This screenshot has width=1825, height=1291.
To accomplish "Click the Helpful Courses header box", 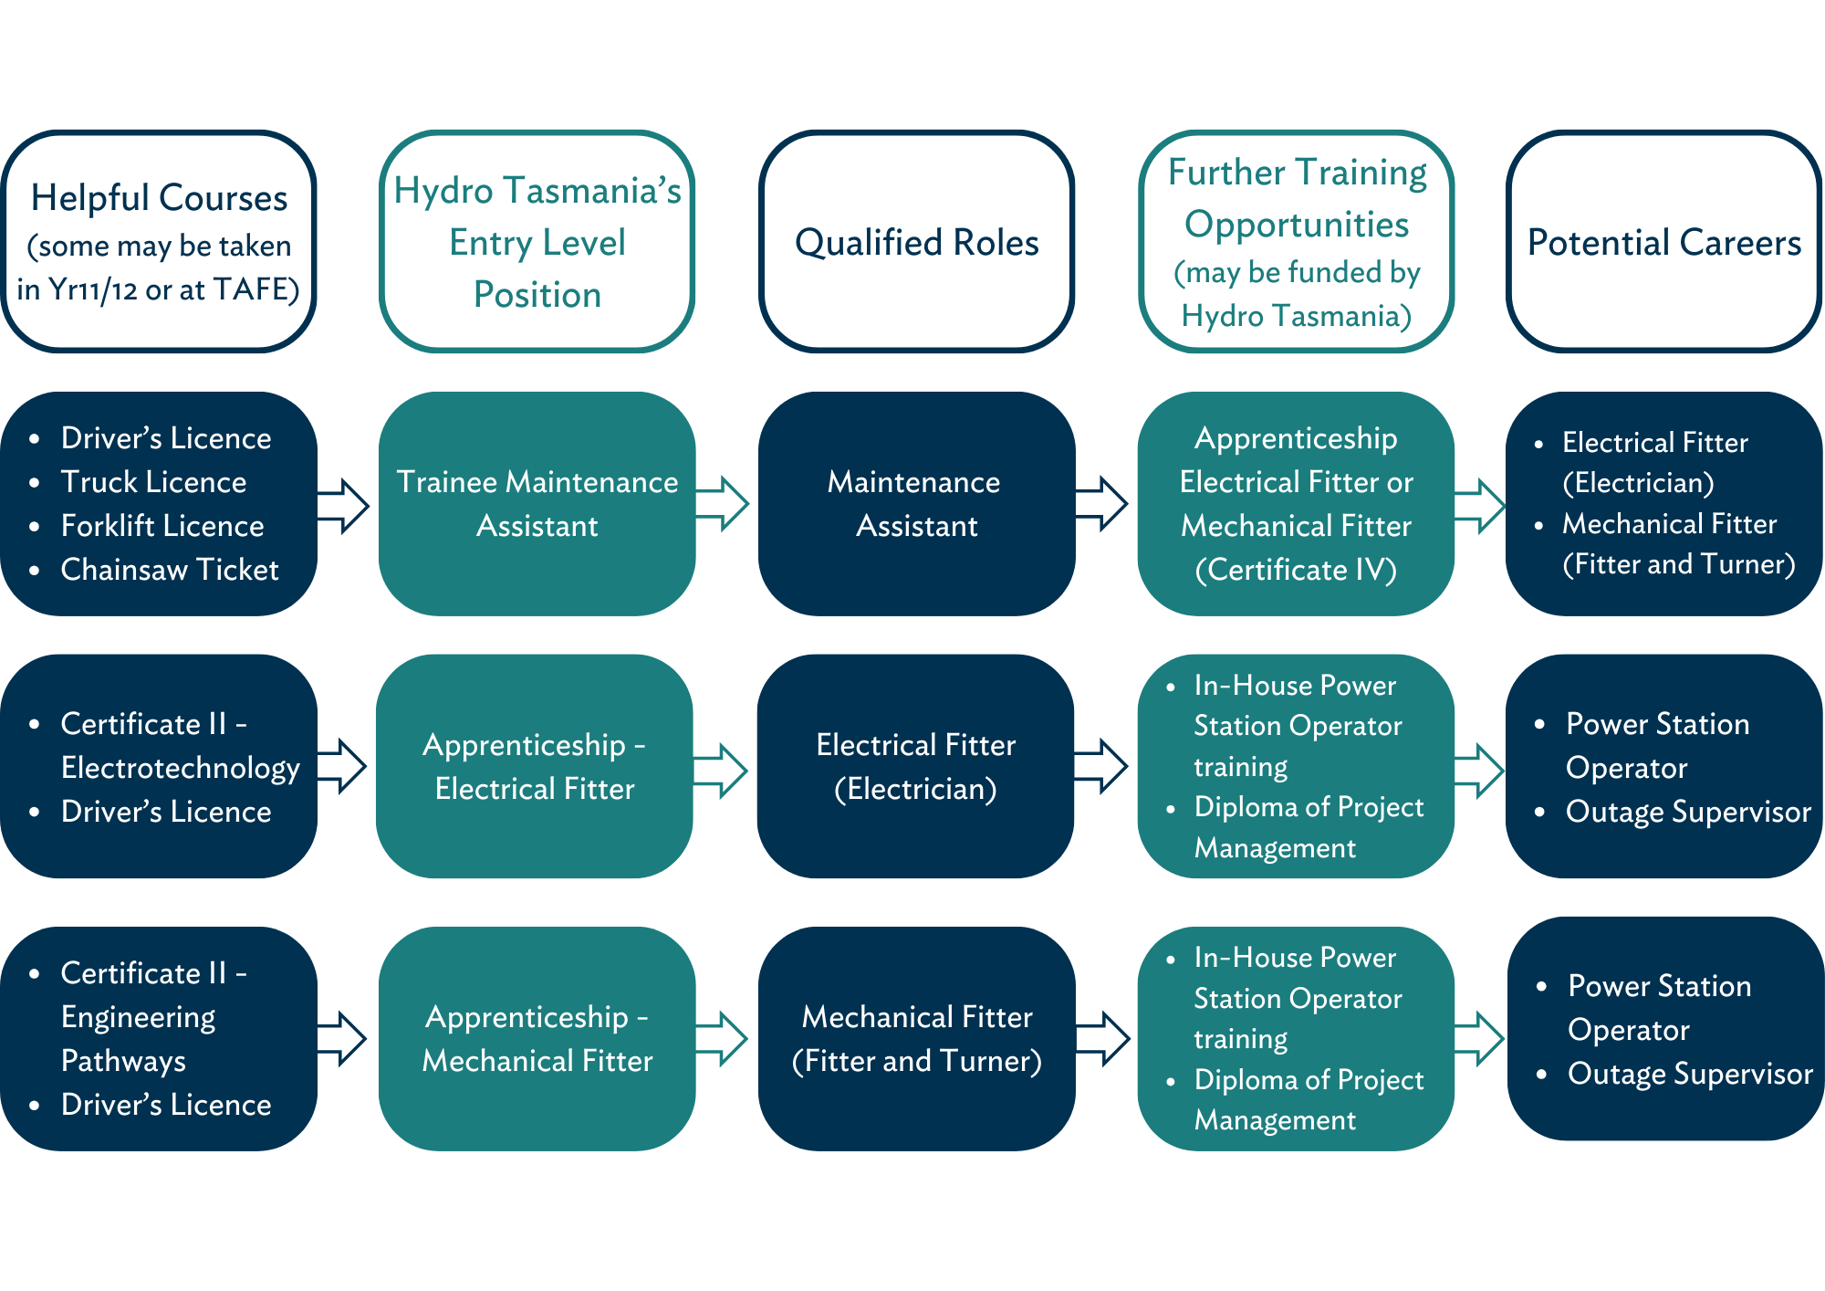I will point(159,241).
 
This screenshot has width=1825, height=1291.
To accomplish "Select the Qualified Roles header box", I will point(916,241).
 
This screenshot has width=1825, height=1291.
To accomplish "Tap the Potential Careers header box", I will point(1663,241).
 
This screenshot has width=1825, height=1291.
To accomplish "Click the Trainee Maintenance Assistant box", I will point(537,503).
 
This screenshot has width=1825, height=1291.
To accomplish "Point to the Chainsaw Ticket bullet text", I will point(169,570).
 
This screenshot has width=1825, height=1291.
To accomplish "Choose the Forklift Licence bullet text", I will point(162,526).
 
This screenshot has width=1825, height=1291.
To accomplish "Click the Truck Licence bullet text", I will point(153,482).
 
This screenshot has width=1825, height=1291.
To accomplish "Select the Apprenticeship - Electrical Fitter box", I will point(535,766).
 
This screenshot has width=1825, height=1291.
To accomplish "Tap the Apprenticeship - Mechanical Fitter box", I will point(537,1038).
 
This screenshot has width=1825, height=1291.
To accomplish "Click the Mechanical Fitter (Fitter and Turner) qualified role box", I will point(916,1038).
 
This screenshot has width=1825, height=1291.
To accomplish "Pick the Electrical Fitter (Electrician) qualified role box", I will point(915,766).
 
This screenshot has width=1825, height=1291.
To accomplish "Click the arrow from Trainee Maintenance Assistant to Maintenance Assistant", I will point(723,503).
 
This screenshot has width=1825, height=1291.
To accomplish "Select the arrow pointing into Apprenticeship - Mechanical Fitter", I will point(343,1038).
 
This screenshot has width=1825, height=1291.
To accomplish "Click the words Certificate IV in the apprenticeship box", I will point(1296,570).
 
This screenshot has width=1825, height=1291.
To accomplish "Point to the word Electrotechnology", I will point(180,768).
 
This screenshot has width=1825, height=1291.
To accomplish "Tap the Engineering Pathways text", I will point(138,1039).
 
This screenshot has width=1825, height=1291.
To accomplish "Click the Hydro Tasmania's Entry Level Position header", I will point(537,241).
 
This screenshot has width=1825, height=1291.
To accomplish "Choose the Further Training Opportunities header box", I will point(1297,241).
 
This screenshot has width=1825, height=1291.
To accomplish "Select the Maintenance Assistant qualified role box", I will point(916,503).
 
